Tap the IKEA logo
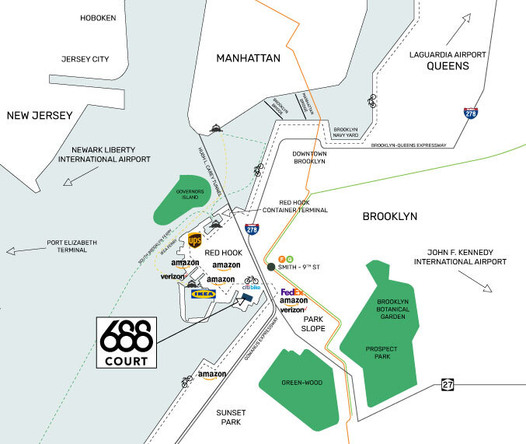(204, 295)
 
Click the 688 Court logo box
(126, 342)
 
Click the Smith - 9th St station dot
(270, 267)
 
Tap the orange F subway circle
(280, 257)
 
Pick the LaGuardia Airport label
(448, 60)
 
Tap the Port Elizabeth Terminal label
(72, 246)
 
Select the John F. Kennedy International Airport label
(460, 257)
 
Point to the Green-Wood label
(302, 383)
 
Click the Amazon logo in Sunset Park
(211, 376)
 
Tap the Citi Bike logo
(250, 287)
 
